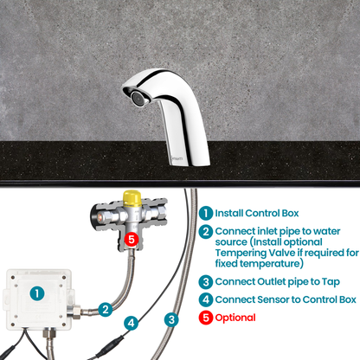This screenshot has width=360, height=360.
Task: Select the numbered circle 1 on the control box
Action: click(x=36, y=293)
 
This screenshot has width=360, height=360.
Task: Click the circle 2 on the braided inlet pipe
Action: click(x=105, y=308)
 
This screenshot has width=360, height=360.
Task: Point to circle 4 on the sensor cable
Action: click(x=131, y=323)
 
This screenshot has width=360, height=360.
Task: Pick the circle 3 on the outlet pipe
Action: click(x=172, y=319)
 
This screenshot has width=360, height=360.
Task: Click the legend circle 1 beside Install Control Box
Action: click(x=205, y=212)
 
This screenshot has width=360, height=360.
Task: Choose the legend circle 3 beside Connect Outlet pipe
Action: click(x=205, y=281)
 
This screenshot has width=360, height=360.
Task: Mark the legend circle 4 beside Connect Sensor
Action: click(x=205, y=300)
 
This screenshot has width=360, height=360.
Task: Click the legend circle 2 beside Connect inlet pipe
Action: click(x=205, y=231)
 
